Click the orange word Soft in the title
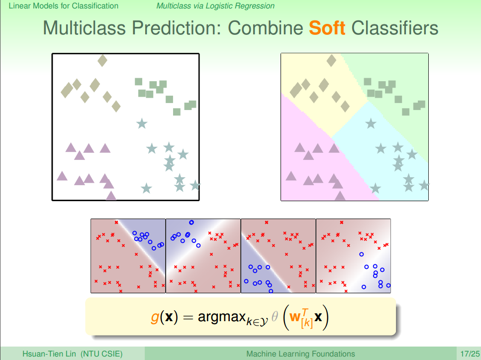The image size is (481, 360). [327, 28]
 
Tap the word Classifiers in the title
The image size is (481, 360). [395, 28]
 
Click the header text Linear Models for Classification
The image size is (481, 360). [63, 6]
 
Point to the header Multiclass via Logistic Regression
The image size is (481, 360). [215, 6]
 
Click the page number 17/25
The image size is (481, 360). [470, 354]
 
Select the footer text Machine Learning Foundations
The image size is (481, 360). [300, 354]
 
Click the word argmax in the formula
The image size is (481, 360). [221, 318]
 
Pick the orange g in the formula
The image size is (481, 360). [155, 318]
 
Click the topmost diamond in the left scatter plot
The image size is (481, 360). [102, 61]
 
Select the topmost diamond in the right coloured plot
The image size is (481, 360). [331, 61]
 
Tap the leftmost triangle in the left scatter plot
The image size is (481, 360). [62, 176]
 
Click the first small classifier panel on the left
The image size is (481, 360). [128, 256]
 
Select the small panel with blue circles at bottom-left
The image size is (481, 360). [278, 256]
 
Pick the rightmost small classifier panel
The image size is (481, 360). [353, 256]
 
